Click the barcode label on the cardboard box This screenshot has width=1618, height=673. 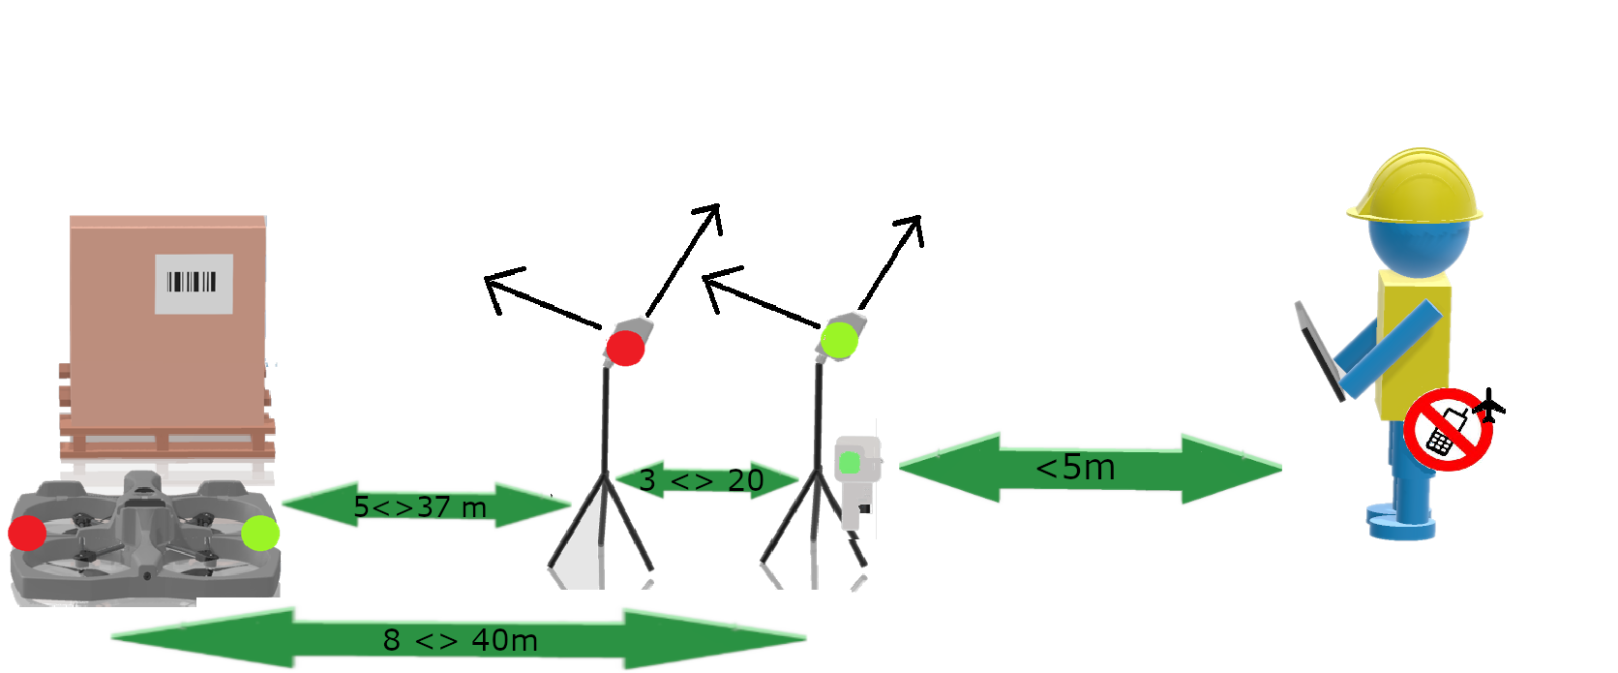coord(194,284)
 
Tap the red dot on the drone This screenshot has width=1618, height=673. coord(27,533)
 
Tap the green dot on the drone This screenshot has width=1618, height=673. coord(259,533)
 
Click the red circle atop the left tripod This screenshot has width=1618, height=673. coord(625,347)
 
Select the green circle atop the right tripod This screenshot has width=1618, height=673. coord(839,340)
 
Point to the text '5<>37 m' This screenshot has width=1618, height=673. coord(419,506)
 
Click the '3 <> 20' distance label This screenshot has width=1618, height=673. coord(702,480)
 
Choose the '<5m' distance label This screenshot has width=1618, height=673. coord(1075,468)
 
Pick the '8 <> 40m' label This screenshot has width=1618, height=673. coord(460,640)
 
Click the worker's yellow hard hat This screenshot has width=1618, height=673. coord(1416,188)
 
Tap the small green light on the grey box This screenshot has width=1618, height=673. coord(850,463)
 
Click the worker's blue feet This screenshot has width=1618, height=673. coord(1401,523)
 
